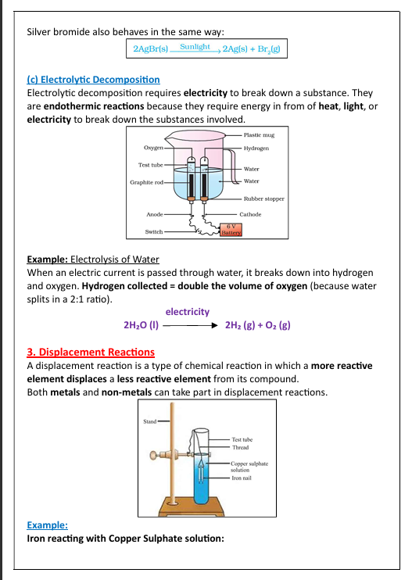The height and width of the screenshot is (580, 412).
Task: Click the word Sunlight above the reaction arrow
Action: click(195, 47)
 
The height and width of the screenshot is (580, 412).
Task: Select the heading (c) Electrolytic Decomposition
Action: click(93, 79)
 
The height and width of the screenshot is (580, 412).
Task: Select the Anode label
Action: click(155, 214)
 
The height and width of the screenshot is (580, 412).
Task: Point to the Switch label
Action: click(154, 231)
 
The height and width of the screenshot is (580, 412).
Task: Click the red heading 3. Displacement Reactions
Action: click(91, 352)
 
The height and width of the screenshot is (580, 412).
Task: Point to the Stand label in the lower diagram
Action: click(149, 421)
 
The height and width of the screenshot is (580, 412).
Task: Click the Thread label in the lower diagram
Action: click(240, 447)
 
